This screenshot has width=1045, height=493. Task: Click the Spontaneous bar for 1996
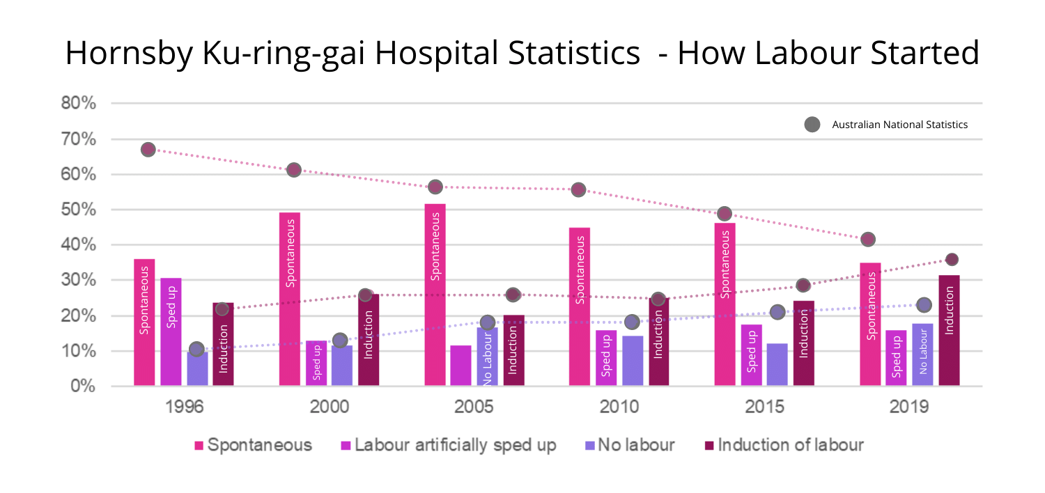tap(144, 322)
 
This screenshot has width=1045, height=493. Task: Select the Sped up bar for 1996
tap(171, 331)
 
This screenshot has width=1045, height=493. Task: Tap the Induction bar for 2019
tap(949, 330)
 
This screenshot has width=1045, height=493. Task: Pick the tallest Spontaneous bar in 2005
tap(435, 295)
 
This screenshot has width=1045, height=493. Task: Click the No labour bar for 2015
tap(777, 364)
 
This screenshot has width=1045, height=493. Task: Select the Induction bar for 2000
tap(369, 340)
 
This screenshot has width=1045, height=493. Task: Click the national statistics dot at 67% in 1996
tap(148, 150)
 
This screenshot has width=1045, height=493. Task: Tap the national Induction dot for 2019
tap(952, 260)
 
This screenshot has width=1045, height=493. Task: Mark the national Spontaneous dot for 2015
tap(725, 214)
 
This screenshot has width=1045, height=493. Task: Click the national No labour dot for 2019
tap(924, 305)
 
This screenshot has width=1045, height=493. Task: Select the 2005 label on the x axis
tap(474, 407)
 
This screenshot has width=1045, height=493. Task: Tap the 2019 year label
tap(908, 407)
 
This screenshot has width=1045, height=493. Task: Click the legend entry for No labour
tap(626, 445)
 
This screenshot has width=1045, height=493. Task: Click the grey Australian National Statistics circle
tap(812, 125)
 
